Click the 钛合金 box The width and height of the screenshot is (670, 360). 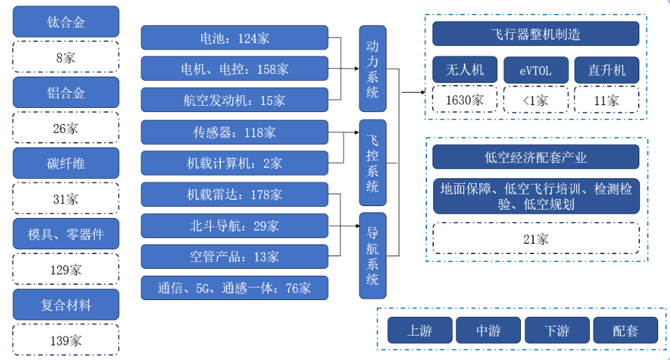[66, 22]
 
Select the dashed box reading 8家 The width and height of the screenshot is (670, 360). [66, 57]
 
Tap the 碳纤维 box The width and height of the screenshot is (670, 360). [66, 163]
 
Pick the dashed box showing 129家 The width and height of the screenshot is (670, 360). [66, 269]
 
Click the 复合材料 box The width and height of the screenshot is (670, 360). [66, 305]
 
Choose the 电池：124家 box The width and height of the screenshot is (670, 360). [234, 38]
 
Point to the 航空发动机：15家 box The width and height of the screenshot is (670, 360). [234, 100]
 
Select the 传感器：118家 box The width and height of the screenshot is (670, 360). [234, 132]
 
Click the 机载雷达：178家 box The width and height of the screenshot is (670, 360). [234, 194]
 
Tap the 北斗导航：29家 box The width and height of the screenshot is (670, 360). [234, 226]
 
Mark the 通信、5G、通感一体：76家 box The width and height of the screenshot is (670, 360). [234, 288]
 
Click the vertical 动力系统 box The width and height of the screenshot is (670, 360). [373, 69]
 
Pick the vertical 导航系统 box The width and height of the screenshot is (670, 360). [373, 255]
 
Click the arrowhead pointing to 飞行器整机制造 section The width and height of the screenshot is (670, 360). [421, 92]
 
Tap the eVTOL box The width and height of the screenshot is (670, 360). [535, 70]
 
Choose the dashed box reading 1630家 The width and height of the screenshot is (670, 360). [465, 100]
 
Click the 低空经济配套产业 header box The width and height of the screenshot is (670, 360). [536, 157]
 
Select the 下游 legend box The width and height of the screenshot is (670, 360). [557, 330]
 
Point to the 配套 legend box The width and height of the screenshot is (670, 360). [625, 330]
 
